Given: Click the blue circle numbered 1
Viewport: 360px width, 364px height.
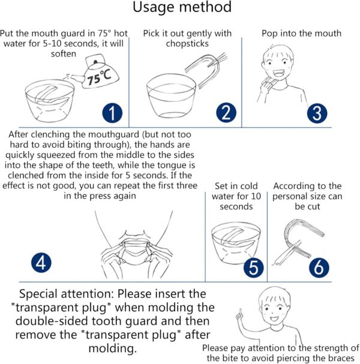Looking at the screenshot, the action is [x=112, y=113].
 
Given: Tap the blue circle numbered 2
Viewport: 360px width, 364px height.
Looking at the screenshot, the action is [x=226, y=113].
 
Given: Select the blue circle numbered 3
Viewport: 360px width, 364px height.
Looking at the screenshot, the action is [x=317, y=113].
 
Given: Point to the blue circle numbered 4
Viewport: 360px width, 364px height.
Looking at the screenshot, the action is [x=41, y=263].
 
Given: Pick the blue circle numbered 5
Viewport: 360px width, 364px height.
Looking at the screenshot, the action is [x=254, y=267].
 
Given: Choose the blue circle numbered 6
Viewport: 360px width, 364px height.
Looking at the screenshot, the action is [x=319, y=267].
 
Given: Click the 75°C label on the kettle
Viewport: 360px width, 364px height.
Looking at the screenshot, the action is [x=99, y=77].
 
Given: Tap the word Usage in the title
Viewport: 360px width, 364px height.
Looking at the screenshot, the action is [x=154, y=7].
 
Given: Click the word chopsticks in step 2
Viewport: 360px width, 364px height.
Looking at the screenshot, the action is [x=187, y=44].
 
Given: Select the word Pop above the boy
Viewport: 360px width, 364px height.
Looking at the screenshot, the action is [x=269, y=34].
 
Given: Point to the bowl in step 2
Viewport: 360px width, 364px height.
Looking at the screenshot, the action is [x=171, y=96].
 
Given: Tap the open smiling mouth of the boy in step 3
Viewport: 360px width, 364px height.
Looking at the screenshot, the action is [x=278, y=74].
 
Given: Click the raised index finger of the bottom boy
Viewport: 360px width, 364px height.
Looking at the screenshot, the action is [x=240, y=313].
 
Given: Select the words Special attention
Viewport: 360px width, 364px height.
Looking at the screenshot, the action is [x=67, y=294].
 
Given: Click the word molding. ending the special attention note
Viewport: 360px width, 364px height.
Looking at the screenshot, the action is [x=113, y=348].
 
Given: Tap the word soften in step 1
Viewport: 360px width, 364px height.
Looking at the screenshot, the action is [x=64, y=54].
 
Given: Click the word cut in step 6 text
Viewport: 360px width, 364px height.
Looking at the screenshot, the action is [x=315, y=206].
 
